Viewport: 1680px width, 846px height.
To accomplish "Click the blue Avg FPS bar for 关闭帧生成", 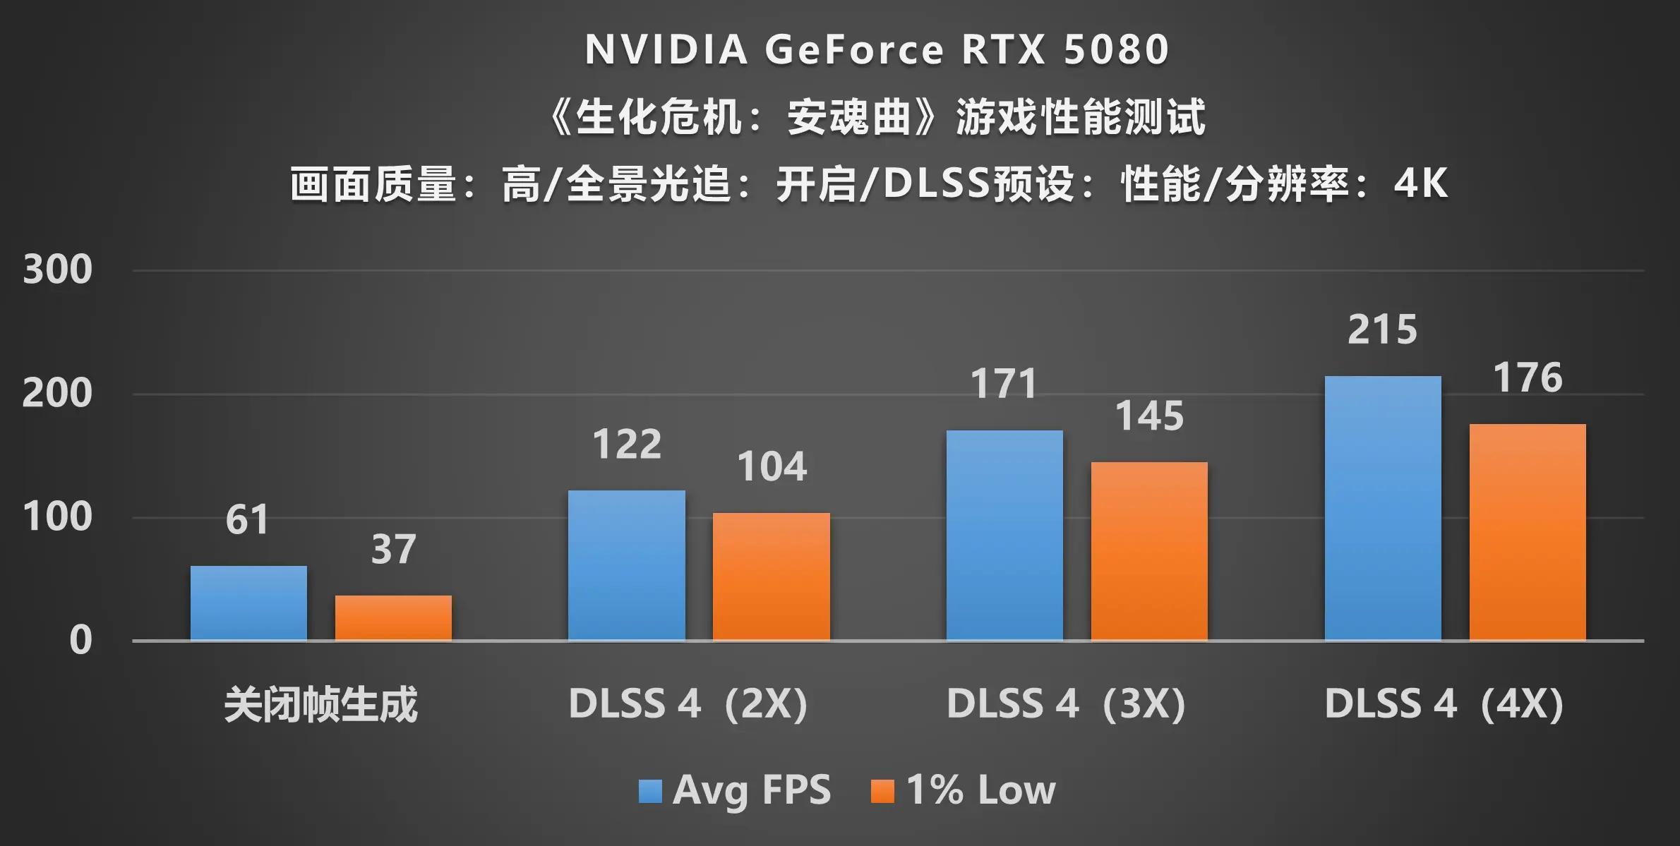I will coord(248,603).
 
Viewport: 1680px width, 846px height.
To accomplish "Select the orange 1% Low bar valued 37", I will coord(393,618).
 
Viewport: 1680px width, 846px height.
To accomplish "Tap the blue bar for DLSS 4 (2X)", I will coord(626,565).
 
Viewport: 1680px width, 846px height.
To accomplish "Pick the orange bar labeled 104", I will coord(771,576).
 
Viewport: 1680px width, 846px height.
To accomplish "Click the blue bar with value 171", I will coord(1004,536).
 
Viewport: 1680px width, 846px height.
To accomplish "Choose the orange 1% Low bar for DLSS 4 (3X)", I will coord(1149,551).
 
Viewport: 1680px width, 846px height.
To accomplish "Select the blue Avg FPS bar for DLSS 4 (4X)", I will coord(1383,508).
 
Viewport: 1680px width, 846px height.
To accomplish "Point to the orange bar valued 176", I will coord(1528,532).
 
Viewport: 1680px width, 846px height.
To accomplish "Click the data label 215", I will coord(1382,330).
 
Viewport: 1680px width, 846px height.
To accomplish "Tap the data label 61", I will coord(248,520).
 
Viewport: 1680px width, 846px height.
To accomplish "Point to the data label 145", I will coord(1149,416).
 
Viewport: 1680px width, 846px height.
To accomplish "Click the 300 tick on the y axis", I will coord(57,270).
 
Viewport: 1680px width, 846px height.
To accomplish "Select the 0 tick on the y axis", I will coord(80,641).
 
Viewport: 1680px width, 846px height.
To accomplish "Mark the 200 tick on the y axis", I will coord(57,394).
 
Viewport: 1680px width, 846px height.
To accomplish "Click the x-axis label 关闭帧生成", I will coord(320,704).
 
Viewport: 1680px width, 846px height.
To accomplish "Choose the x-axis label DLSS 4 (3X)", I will coord(1066,704).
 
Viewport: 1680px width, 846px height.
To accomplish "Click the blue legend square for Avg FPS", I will coord(650,791).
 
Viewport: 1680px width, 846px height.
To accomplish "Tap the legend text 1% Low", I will coord(981,790).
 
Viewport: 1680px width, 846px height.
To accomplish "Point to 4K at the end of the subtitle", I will coord(1421,183).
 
